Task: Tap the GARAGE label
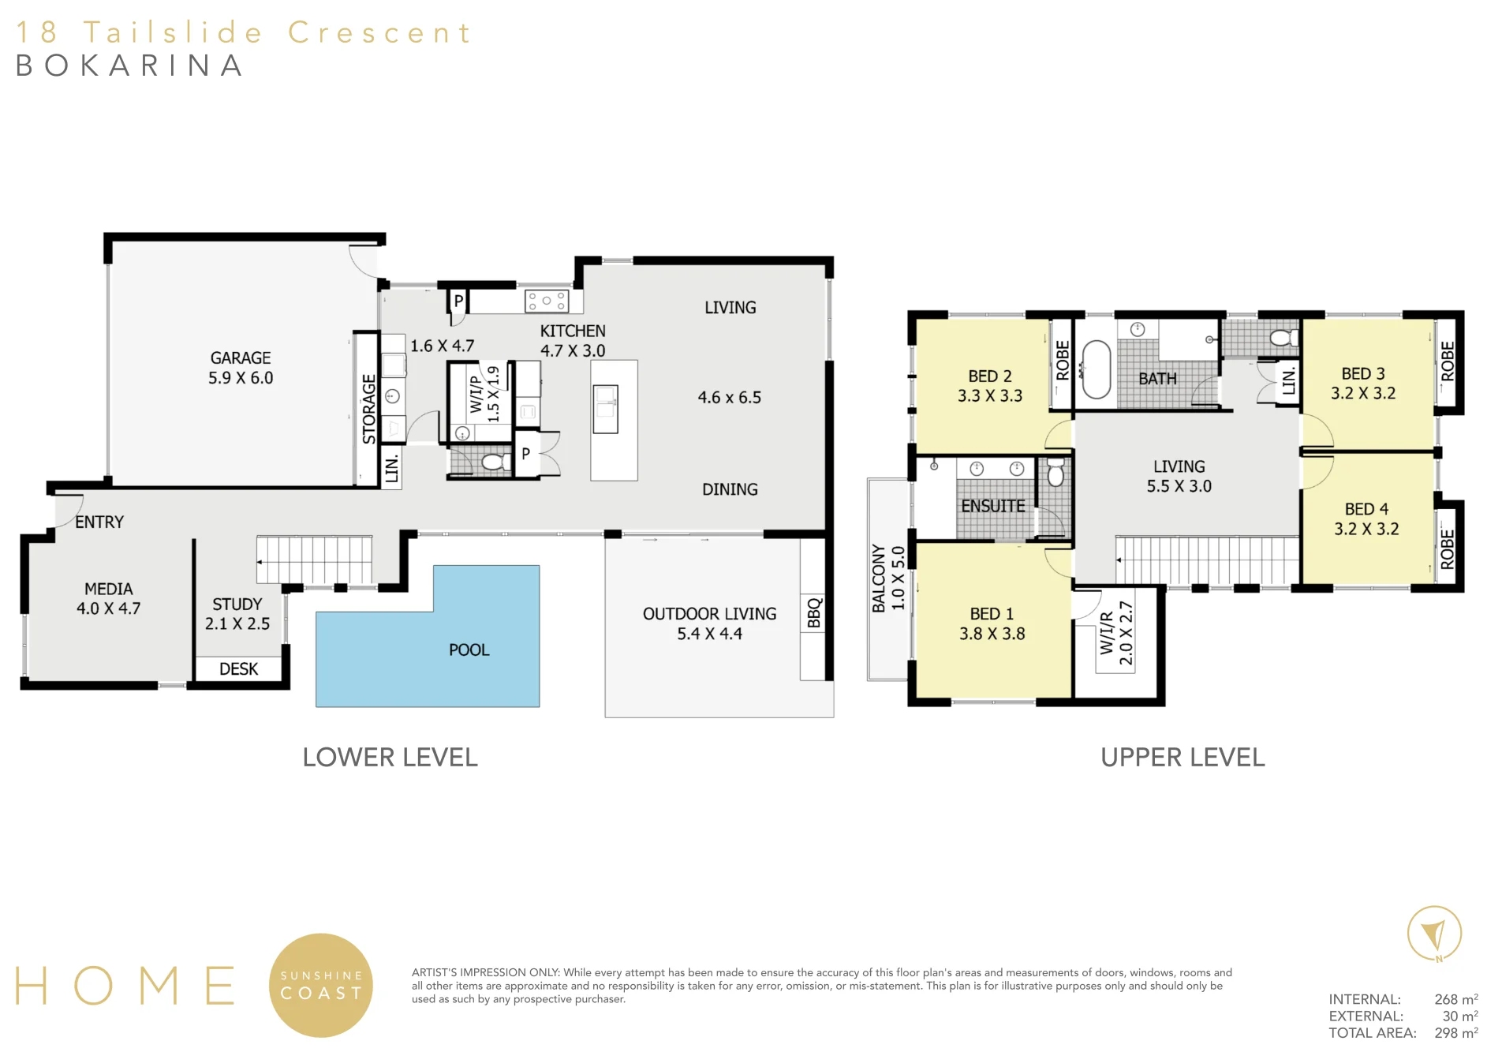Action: (x=241, y=358)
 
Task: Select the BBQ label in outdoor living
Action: (x=814, y=613)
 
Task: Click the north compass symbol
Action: (x=1434, y=934)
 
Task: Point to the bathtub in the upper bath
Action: (x=1095, y=369)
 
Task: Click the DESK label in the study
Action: (x=238, y=669)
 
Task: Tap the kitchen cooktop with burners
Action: (x=547, y=301)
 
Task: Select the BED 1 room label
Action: (x=992, y=613)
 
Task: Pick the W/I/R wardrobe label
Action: (x=1107, y=633)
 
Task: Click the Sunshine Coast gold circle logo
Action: (x=321, y=985)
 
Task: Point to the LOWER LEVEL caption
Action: (x=390, y=758)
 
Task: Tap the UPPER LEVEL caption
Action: (x=1183, y=758)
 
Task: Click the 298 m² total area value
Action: (x=1456, y=1032)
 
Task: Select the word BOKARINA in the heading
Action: (x=129, y=66)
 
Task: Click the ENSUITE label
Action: (x=993, y=506)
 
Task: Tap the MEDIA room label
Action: (x=109, y=589)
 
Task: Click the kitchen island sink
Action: (x=606, y=409)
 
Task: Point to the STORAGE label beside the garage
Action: (x=368, y=409)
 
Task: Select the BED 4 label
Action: (x=1366, y=509)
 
